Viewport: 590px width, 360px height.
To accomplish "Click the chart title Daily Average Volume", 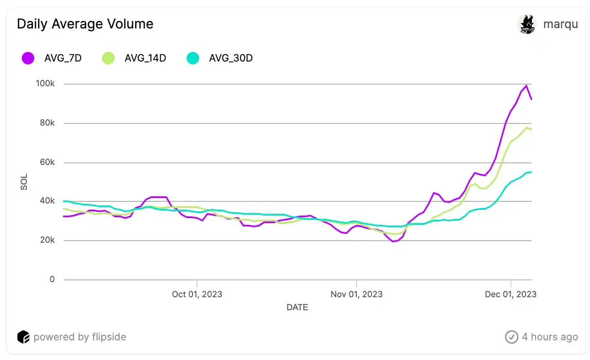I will click(x=85, y=24).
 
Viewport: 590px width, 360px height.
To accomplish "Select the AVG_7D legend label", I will click(x=63, y=58).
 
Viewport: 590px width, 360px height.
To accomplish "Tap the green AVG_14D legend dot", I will click(x=108, y=58).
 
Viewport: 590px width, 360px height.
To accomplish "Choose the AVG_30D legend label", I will click(x=231, y=58).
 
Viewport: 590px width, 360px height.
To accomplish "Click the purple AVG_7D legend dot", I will click(x=28, y=58).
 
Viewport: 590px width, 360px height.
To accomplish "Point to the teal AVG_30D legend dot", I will click(x=193, y=58).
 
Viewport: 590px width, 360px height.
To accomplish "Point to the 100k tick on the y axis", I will click(x=45, y=84).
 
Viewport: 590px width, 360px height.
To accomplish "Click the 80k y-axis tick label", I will click(x=47, y=123).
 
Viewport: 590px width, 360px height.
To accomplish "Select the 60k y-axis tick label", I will click(x=47, y=162).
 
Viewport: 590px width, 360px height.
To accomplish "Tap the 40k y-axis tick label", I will click(x=47, y=201).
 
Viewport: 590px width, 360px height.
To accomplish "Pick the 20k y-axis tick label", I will click(x=47, y=240).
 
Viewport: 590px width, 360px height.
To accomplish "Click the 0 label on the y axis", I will click(x=52, y=279).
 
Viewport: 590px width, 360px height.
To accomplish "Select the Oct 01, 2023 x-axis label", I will click(x=197, y=294).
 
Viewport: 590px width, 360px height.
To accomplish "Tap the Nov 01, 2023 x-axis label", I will click(x=357, y=294).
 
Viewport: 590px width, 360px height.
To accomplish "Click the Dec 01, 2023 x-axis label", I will click(x=510, y=294).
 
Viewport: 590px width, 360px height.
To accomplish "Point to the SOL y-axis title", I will click(x=24, y=182).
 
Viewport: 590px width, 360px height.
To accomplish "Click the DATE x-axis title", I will click(x=297, y=307).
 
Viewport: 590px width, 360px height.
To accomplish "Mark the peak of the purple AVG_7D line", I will click(x=526, y=86).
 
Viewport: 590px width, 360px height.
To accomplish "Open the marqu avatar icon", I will click(x=527, y=24).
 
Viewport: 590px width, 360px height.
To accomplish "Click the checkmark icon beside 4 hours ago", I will click(x=511, y=337).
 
